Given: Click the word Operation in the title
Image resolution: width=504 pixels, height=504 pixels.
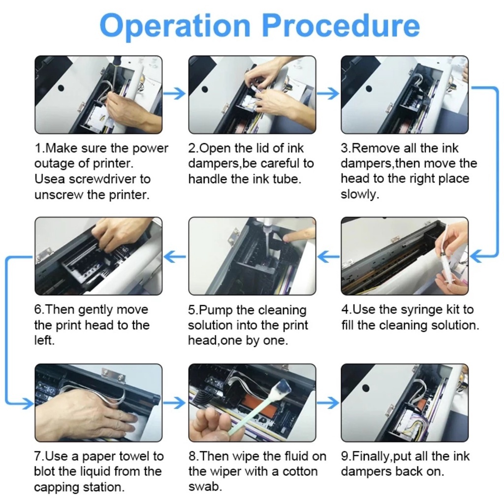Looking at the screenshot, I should point(175,26).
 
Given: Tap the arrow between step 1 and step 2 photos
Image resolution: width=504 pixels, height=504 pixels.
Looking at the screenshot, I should point(174,94).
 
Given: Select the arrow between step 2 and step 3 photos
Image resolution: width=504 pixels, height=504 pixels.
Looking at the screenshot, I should point(328,94).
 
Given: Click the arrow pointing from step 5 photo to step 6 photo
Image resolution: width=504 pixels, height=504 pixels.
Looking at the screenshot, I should point(174,256).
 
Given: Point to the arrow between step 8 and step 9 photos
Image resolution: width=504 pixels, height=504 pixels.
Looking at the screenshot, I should point(328,403).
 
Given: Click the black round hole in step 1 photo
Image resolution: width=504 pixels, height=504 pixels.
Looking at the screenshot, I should point(61,88).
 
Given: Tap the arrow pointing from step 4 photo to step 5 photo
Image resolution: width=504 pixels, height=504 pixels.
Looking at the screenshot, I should point(328,256).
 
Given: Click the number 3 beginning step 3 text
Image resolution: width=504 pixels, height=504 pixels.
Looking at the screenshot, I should point(345,149).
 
